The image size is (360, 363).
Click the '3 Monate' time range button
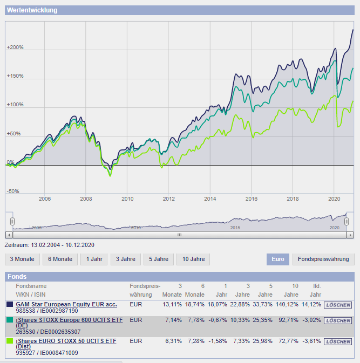coord(22,259)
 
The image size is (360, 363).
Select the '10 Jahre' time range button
coord(193,259)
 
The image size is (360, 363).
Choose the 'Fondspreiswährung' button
coord(323,259)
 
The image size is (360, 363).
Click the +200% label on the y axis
coord(15,47)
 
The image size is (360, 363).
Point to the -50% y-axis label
coord(13,191)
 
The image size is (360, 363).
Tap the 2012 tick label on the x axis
coord(168,199)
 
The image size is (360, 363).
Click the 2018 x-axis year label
coord(293,199)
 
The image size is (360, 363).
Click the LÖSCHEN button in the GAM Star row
coord(338,304)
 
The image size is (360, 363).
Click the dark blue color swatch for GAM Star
coord(9,305)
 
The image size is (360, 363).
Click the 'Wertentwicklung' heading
coord(32,10)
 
